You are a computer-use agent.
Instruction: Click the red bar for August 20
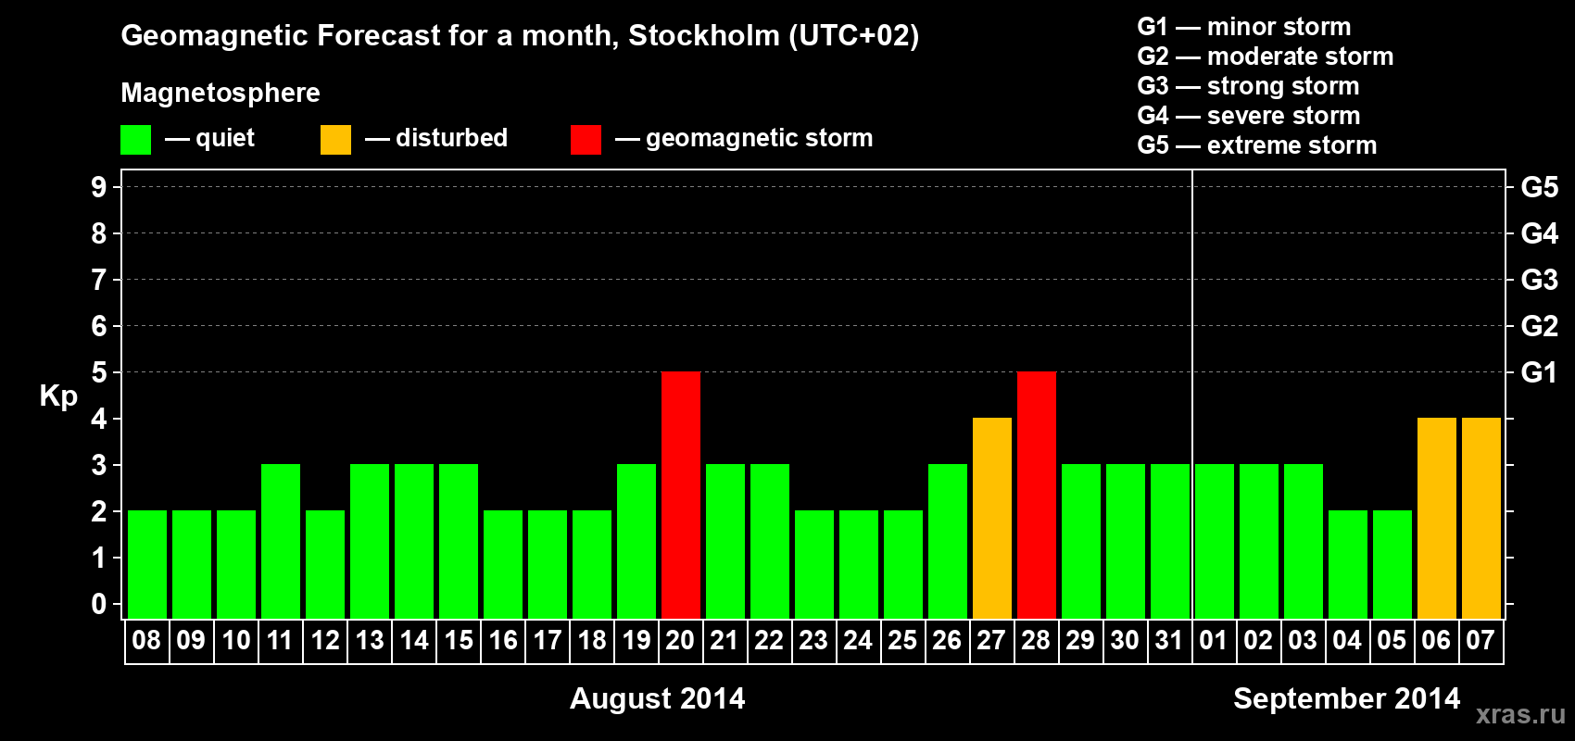point(681,495)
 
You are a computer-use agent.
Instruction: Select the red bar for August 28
point(1037,495)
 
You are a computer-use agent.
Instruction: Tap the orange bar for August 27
point(992,518)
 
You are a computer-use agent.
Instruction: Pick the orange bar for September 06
point(1437,518)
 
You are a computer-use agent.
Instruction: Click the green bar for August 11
point(281,541)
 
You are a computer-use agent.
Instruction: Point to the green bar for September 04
point(1348,564)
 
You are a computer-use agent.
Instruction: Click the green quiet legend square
point(136,140)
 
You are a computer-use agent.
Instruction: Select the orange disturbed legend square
point(336,140)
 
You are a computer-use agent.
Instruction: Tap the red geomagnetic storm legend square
point(586,140)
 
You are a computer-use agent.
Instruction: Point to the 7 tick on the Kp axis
point(99,280)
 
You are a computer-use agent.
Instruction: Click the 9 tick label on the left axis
point(99,187)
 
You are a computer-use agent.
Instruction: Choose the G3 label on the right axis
point(1539,280)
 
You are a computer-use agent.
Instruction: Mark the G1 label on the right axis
point(1539,372)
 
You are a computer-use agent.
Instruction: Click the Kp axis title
point(58,396)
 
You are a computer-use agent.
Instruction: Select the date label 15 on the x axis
point(459,640)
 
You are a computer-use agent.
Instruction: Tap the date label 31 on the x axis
point(1169,640)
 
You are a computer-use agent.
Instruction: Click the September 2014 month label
point(1346,698)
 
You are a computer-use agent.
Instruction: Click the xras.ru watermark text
point(1520,713)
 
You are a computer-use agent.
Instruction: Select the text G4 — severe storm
point(1248,116)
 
